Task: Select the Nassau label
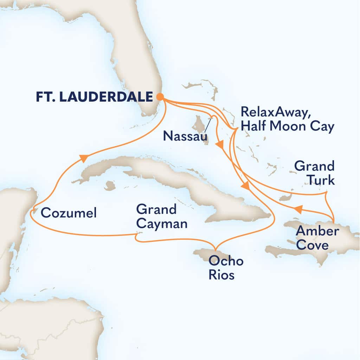[x=185, y=136]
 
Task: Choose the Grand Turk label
[x=314, y=173]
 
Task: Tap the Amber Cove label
[x=317, y=238]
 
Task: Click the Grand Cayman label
[x=162, y=217]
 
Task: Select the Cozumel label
[x=69, y=213]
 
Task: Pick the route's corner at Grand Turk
[x=327, y=193]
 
